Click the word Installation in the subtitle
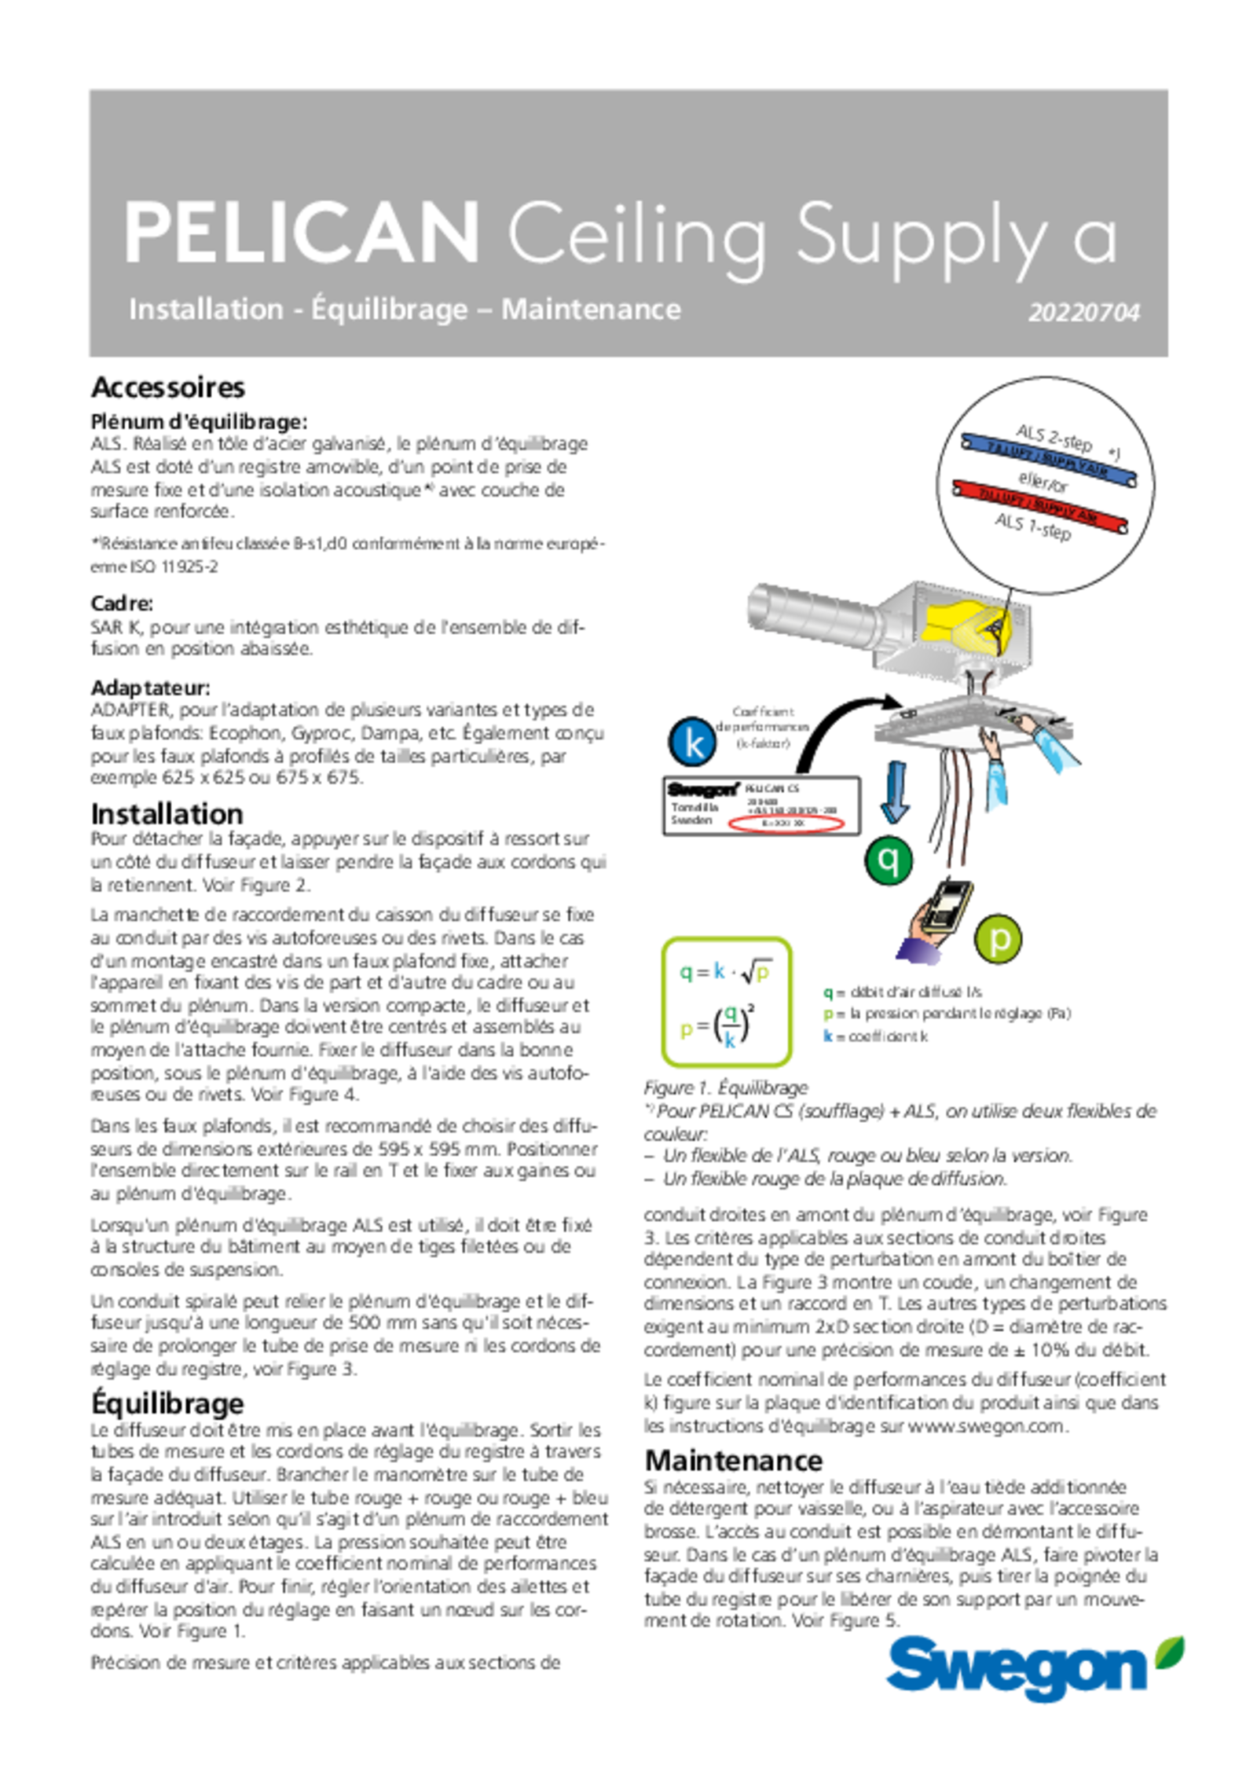tap(206, 309)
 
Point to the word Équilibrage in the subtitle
tap(390, 310)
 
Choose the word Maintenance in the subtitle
tap(591, 309)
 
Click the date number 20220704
tap(1083, 313)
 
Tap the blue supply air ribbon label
tap(1047, 458)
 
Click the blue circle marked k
tap(694, 742)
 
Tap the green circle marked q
tap(889, 860)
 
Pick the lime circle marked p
tap(999, 939)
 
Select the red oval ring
tap(786, 823)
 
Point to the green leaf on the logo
tap(1170, 1649)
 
